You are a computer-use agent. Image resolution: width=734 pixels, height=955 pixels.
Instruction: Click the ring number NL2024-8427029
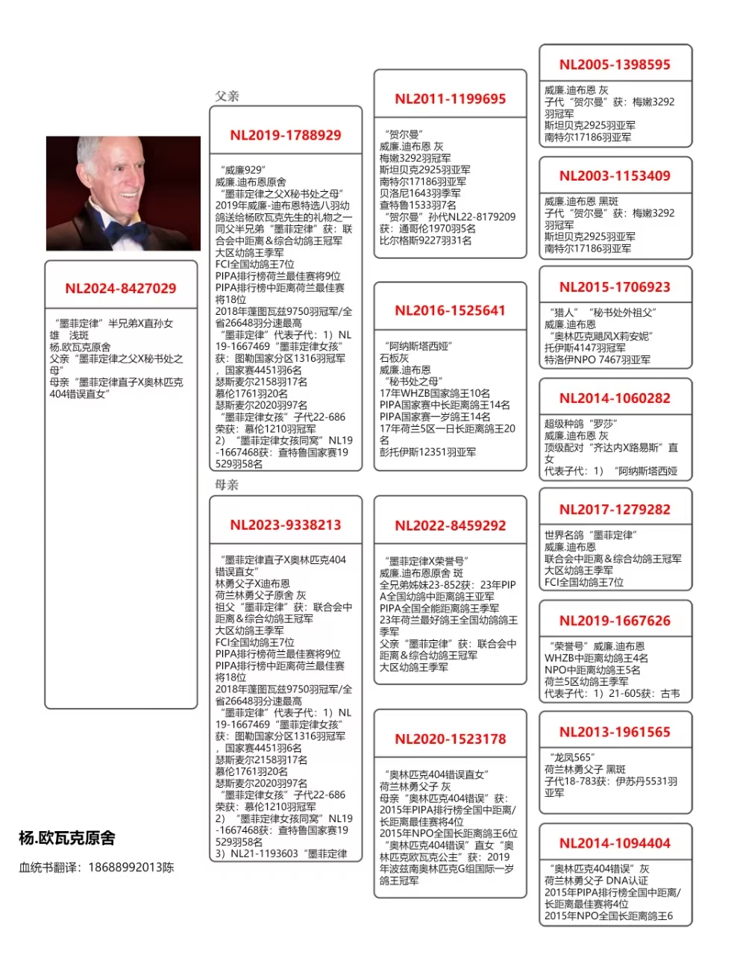tap(121, 289)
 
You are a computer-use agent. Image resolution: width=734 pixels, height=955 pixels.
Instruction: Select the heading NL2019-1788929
tap(286, 135)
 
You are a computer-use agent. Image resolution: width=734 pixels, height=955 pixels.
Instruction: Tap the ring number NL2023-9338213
tap(286, 525)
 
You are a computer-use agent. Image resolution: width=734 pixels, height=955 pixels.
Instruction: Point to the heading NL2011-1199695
tap(451, 98)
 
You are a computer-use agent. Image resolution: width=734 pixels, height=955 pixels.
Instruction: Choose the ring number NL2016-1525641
tap(451, 310)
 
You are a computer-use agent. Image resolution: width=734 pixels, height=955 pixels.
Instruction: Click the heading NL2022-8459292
tap(451, 525)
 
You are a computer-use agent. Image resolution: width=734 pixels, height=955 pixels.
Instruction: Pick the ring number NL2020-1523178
tap(451, 739)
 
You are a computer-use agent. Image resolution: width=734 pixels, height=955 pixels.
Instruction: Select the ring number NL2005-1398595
tap(615, 65)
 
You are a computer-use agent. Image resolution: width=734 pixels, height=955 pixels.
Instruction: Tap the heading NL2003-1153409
tap(615, 176)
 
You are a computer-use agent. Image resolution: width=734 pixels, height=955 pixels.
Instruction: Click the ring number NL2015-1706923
tap(615, 287)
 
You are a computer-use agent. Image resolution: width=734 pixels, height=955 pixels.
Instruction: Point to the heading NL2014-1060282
tap(615, 398)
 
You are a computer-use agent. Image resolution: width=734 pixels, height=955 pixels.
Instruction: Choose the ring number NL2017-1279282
tap(615, 510)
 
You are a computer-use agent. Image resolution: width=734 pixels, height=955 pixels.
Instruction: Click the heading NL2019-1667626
tap(615, 621)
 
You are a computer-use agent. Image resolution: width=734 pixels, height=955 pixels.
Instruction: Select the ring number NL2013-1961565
tap(615, 732)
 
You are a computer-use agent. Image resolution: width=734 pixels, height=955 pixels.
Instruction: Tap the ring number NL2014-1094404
tap(615, 843)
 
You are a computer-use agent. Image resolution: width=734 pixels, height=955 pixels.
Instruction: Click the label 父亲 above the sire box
tap(227, 96)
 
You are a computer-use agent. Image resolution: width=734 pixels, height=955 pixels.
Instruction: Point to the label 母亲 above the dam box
tap(227, 485)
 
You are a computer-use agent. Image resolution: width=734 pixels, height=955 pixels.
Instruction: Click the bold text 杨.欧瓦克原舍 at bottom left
tap(67, 838)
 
